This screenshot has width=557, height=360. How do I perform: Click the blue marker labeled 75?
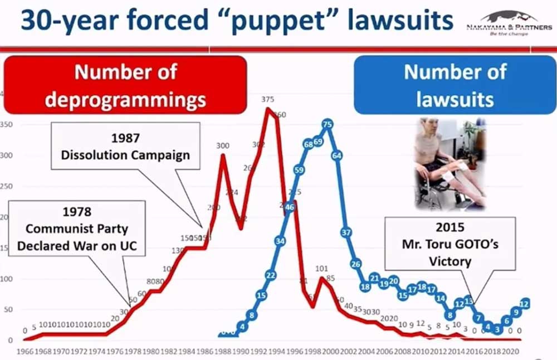point(328,125)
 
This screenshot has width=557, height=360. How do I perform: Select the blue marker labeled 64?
point(336,156)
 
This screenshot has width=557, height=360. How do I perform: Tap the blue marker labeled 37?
point(346,232)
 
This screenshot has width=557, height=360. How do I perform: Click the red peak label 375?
point(267,100)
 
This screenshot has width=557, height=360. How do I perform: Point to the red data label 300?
point(223,146)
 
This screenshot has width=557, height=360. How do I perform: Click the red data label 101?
point(321,268)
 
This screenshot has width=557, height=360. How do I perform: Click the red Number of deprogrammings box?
point(125,85)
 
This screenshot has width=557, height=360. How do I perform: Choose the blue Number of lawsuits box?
point(455,85)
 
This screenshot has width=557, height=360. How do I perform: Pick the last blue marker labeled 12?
point(524,304)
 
